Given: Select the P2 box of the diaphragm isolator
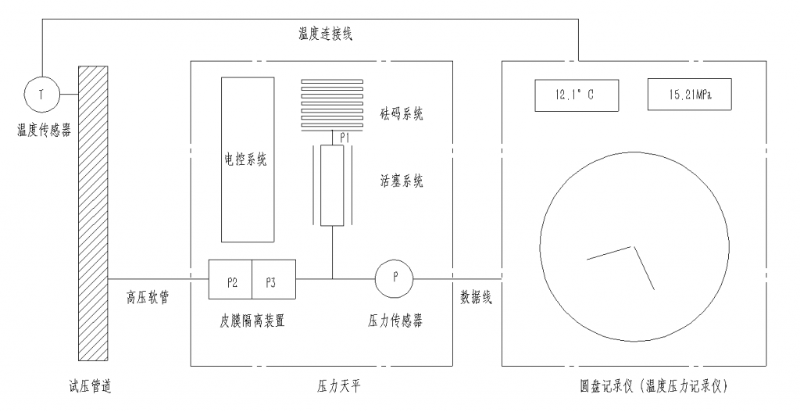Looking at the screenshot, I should click(230, 280).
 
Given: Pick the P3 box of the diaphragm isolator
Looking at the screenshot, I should click(273, 280).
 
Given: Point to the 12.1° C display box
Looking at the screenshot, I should click(575, 95).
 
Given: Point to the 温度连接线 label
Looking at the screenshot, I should click(324, 34).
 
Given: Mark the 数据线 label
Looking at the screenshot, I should click(476, 298).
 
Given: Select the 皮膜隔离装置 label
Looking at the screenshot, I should click(252, 321).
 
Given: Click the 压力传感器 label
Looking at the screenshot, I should click(395, 321).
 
